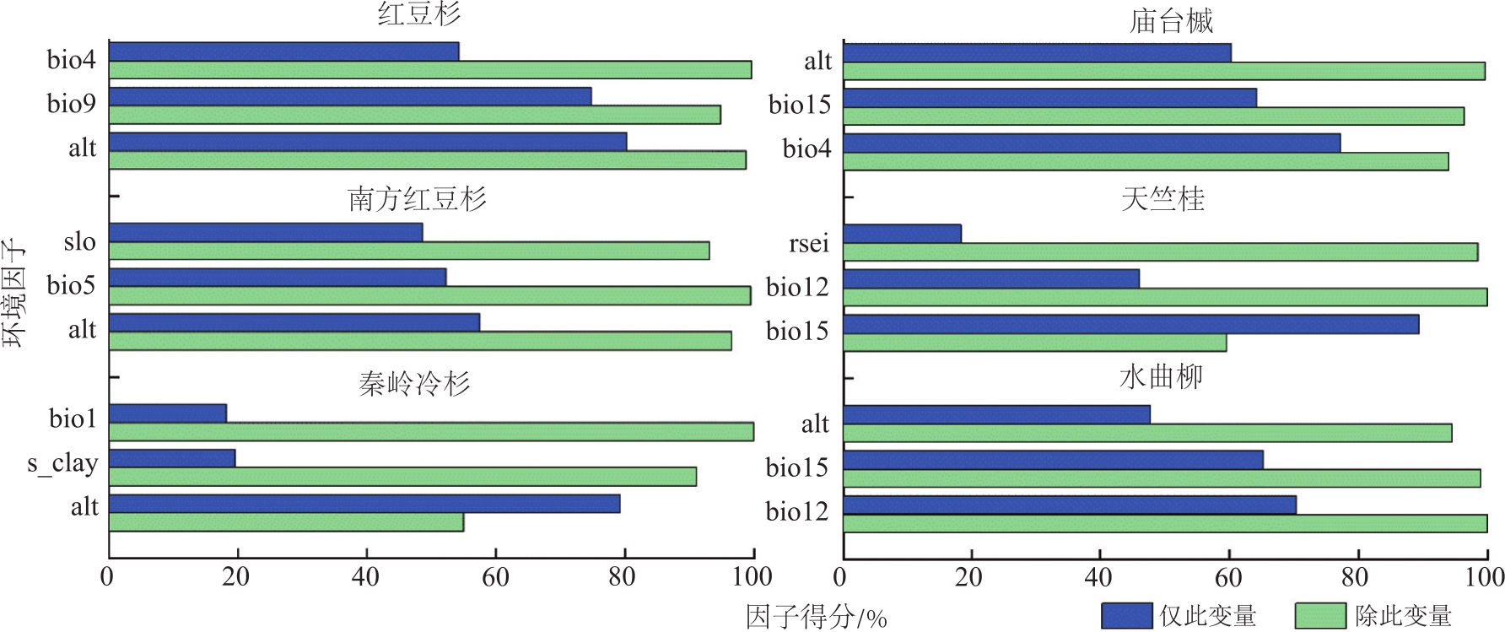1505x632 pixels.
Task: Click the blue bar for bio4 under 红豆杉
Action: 283,51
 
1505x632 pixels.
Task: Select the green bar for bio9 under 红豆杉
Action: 414,115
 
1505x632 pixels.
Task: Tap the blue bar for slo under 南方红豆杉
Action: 266,232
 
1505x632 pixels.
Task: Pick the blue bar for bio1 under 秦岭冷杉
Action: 168,413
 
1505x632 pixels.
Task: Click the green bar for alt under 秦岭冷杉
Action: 286,522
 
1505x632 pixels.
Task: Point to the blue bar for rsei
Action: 902,234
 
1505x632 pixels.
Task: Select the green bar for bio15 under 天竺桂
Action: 1034,343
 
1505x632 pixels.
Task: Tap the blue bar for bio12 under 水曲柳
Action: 1070,505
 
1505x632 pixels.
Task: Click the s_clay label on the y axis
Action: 62,463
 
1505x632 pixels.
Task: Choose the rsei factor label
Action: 808,243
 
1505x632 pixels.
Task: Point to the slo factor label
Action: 79,242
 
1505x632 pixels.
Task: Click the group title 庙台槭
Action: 1171,20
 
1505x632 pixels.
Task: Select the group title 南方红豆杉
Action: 417,199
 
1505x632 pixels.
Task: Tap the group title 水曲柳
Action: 1161,377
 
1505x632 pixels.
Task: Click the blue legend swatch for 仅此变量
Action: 1126,616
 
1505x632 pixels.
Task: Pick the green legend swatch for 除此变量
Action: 1319,616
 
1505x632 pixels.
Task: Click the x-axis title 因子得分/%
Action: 816,617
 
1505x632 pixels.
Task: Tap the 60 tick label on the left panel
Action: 495,576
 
